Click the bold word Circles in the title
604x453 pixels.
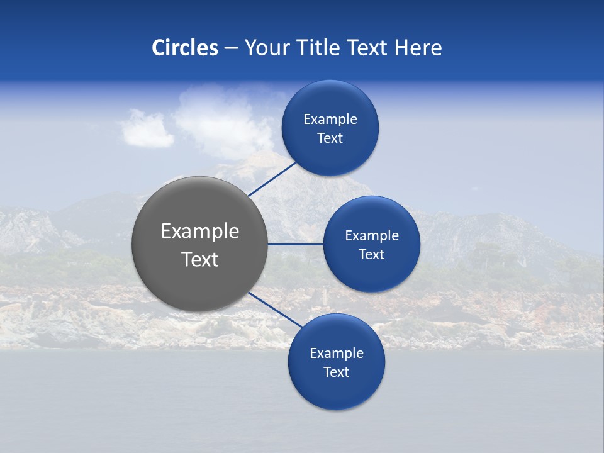coord(184,47)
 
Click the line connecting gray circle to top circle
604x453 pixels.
coord(273,179)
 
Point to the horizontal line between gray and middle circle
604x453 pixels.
coord(295,244)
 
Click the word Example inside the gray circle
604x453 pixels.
coord(199,232)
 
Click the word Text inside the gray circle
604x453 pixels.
coord(199,259)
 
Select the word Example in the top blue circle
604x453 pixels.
coord(330,120)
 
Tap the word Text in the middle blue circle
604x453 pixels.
coord(371,255)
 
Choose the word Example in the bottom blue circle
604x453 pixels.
coord(336,354)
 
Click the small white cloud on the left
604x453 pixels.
coord(146,129)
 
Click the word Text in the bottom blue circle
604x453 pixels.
coord(336,372)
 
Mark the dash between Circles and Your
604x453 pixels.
coord(230,48)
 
